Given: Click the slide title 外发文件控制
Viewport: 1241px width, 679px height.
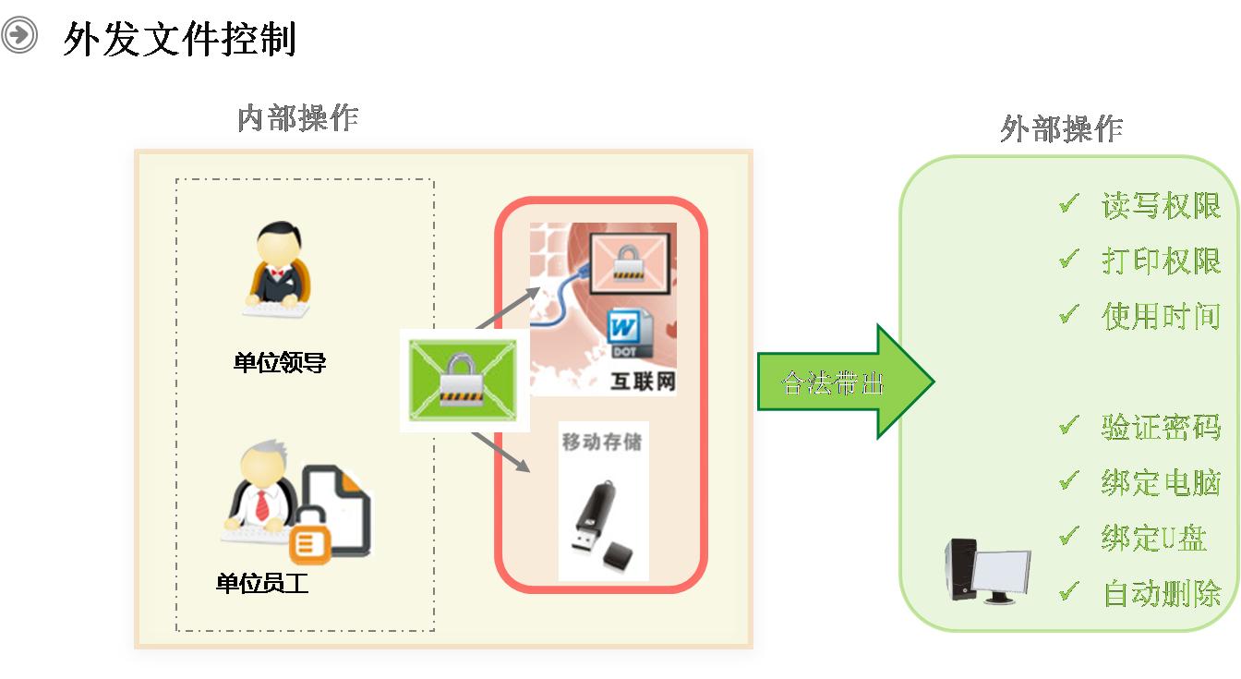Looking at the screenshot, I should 179,39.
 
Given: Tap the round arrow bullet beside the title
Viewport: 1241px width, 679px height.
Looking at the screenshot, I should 19,36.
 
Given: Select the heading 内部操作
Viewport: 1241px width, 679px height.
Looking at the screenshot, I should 297,118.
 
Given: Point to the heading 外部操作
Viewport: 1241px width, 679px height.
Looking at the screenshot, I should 1061,128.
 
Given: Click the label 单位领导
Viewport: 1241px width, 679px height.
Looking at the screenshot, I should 280,362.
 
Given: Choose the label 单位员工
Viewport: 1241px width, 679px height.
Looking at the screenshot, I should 261,584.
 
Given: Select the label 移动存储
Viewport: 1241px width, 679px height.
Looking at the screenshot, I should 602,441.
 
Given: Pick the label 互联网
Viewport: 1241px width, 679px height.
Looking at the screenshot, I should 643,382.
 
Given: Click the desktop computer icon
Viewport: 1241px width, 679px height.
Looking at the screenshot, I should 985,570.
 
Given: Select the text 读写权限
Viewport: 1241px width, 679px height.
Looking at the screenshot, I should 1161,205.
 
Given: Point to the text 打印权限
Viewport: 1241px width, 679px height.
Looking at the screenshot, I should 1161,261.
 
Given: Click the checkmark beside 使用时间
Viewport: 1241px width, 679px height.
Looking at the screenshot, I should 1069,314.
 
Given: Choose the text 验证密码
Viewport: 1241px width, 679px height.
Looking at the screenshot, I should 1161,426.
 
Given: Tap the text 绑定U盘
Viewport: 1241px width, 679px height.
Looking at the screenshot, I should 1153,538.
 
